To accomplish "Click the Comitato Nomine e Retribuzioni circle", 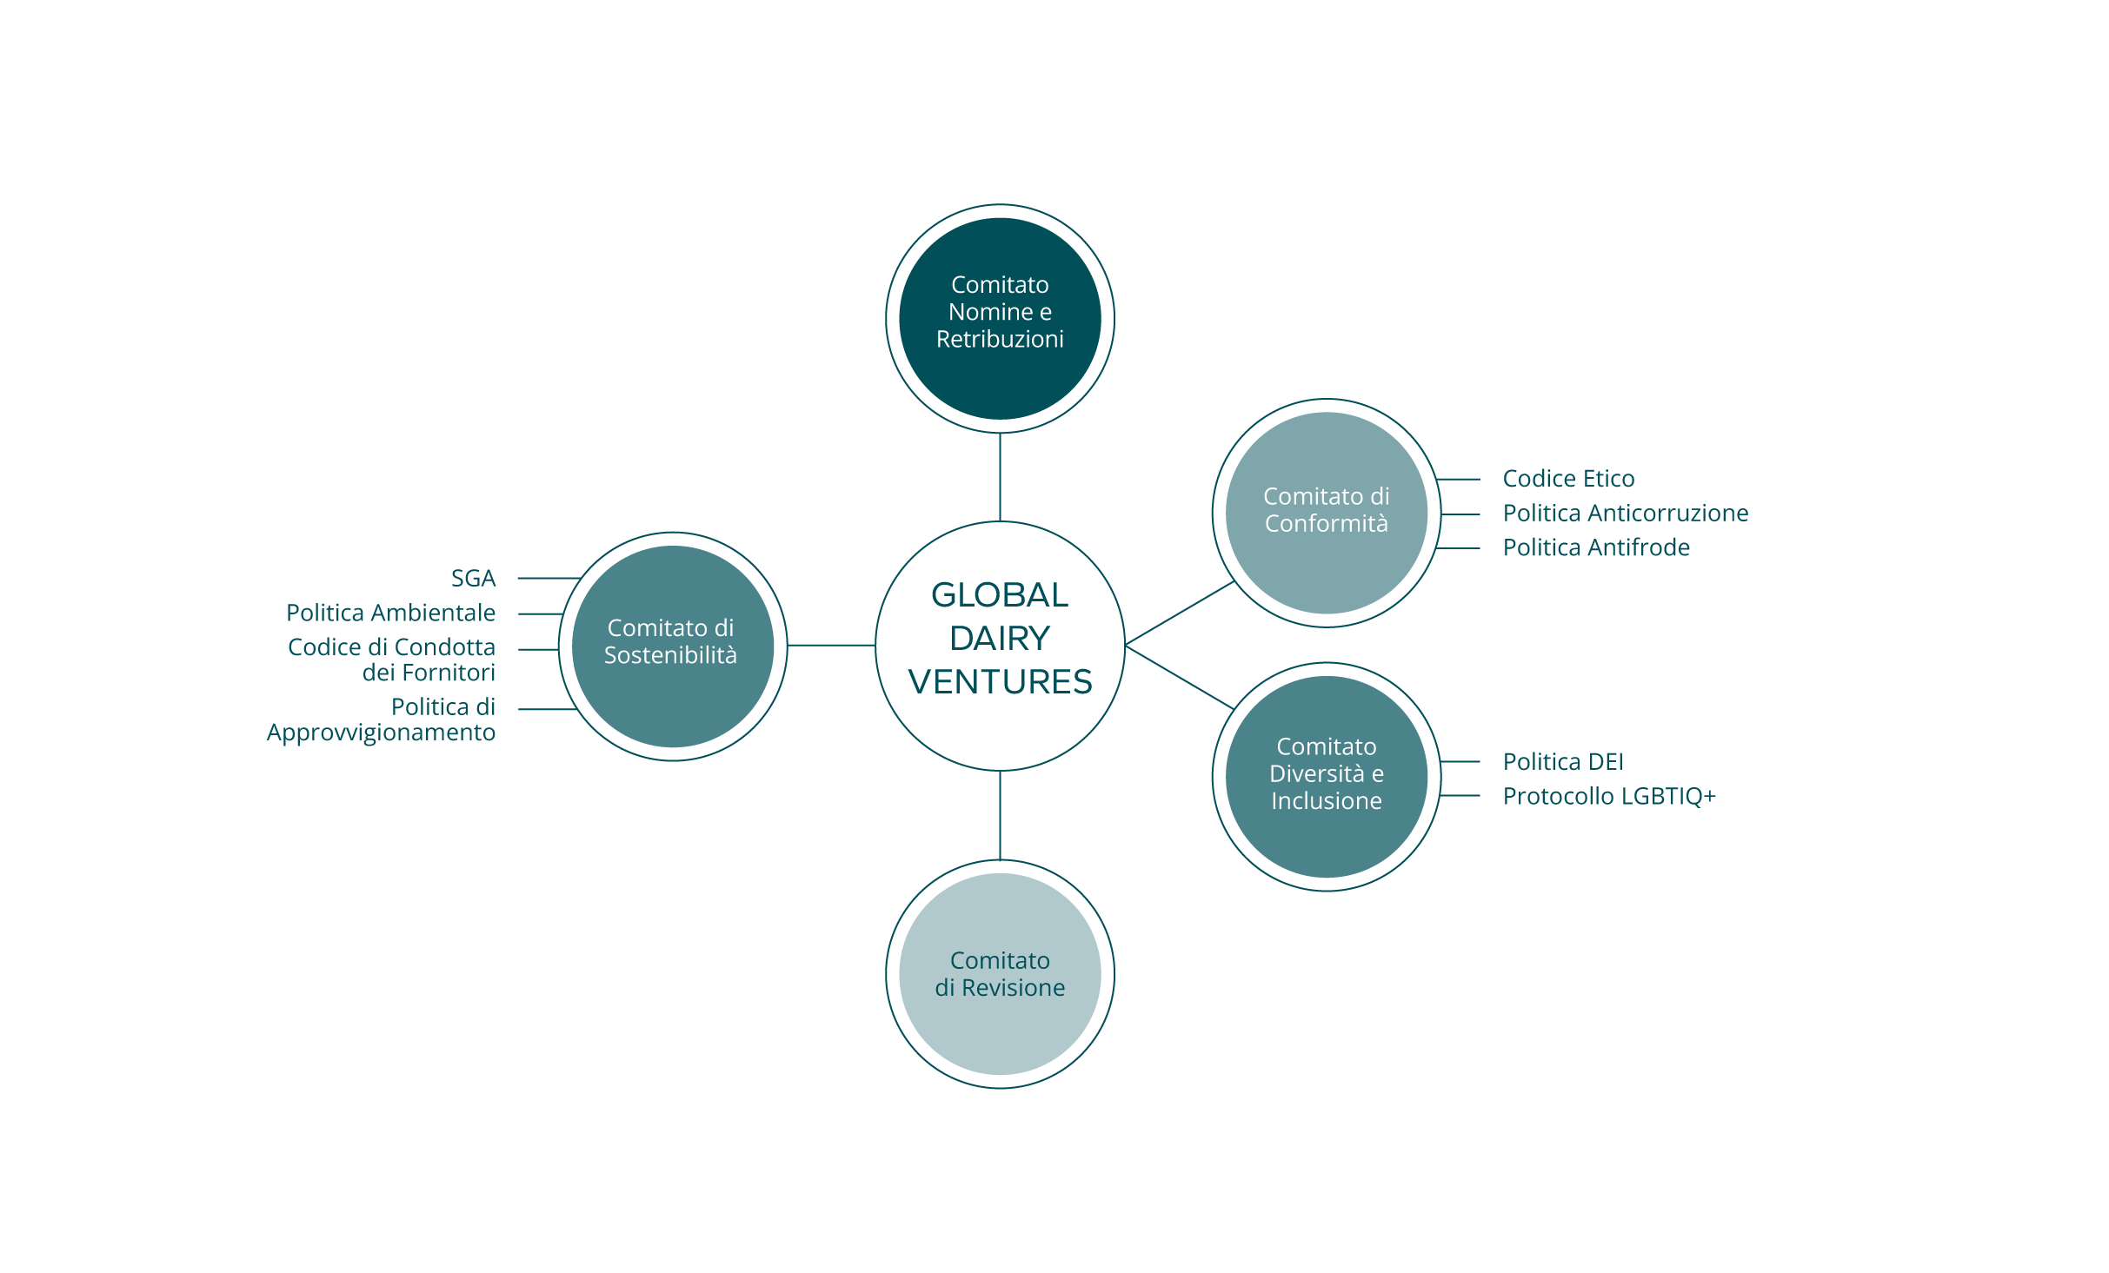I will (x=1000, y=318).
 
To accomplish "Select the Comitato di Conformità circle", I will (x=1326, y=513).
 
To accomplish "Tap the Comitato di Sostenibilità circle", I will (x=672, y=646).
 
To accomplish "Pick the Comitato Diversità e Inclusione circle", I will (x=1326, y=776).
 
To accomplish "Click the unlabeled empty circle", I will (x=1000, y=973).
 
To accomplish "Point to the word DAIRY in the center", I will (x=1000, y=639).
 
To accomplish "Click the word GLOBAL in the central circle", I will (x=1000, y=595).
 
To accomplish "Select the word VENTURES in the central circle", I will (x=1000, y=682).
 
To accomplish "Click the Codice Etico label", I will (x=1568, y=479).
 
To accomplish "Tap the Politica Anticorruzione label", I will (x=1625, y=514).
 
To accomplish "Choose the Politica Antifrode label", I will (x=1596, y=547).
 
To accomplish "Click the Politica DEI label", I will (x=1562, y=762).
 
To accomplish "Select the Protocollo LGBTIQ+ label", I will (x=1609, y=796).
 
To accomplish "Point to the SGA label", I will (x=473, y=578).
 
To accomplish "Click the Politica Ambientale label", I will (x=391, y=613).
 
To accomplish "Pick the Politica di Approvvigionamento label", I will (x=382, y=719).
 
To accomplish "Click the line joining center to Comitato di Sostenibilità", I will (x=831, y=645).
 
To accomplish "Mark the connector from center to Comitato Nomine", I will (x=1000, y=477).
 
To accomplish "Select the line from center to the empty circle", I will (x=1000, y=815).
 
